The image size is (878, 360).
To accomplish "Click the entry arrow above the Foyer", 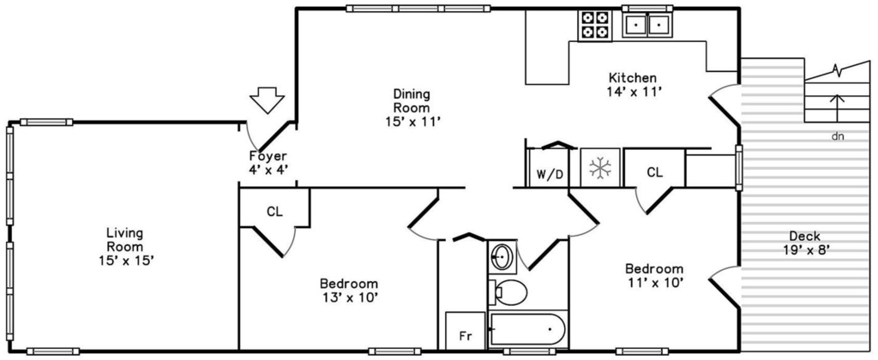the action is point(267,100).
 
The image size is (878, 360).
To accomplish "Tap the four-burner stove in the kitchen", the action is point(595,25).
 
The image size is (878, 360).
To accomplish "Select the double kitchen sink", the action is point(647,25).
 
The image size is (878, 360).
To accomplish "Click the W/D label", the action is point(550,174).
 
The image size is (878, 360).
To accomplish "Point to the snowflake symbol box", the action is point(600,167).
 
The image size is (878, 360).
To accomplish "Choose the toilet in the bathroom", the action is point(508,291).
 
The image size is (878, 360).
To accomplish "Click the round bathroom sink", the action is point(501,257).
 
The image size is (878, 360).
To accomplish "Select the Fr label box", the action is point(465,331).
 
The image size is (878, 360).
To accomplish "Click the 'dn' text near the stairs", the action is point(838,136).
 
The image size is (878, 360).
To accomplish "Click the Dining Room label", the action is point(411,100).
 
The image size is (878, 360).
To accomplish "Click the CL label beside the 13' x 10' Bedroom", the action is point(274,212).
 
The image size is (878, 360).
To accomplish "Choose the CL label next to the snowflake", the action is point(654,172).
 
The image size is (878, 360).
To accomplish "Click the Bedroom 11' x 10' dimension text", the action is point(654,283).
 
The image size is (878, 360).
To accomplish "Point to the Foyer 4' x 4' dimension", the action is point(268,170).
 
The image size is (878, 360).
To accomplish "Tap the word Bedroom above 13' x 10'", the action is point(348,284).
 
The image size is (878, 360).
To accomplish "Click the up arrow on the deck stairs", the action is point(837,107).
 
